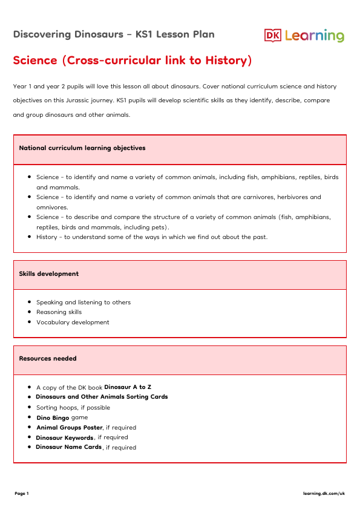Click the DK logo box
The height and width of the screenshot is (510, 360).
[x=273, y=36]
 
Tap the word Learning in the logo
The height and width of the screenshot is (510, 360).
[x=314, y=36]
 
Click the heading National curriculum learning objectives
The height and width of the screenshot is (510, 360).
[x=82, y=148]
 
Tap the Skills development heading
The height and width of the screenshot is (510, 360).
[x=49, y=273]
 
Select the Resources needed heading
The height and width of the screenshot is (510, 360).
[x=48, y=358]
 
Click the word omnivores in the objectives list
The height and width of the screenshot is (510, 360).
[x=52, y=207]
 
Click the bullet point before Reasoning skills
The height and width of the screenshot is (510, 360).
[x=30, y=312]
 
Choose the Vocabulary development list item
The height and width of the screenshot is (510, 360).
[x=73, y=322]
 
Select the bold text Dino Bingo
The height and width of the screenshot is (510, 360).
[x=53, y=417]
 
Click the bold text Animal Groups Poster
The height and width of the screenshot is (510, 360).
[x=69, y=427]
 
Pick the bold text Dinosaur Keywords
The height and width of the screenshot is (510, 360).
[x=65, y=437]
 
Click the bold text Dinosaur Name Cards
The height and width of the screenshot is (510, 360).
[x=68, y=447]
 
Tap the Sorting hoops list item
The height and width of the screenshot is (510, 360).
[x=73, y=407]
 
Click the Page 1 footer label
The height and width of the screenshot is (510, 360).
[x=22, y=494]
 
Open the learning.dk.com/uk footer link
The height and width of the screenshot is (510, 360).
[x=324, y=494]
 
